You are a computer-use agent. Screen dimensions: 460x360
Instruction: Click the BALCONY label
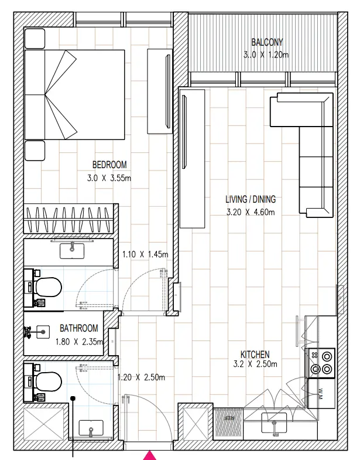coord(267,42)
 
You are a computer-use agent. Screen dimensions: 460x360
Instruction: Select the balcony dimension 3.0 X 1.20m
coord(267,54)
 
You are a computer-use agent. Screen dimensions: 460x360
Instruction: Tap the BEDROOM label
coord(109,165)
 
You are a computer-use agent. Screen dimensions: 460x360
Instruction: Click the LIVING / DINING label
coord(251,199)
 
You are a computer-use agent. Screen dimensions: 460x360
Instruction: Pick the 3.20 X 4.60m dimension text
coord(251,212)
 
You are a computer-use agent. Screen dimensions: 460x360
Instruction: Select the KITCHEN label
coord(255,355)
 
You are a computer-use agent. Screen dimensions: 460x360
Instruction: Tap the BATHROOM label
coord(78,329)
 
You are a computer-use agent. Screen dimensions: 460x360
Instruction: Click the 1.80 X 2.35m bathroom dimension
coord(79,342)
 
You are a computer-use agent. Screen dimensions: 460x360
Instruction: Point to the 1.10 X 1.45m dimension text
coord(145,254)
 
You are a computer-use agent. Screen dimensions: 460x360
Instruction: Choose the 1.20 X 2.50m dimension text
coord(141,377)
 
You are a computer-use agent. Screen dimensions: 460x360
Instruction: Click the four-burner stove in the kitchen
coord(321,362)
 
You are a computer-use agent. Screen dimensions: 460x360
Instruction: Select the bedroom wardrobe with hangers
coord(68,220)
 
